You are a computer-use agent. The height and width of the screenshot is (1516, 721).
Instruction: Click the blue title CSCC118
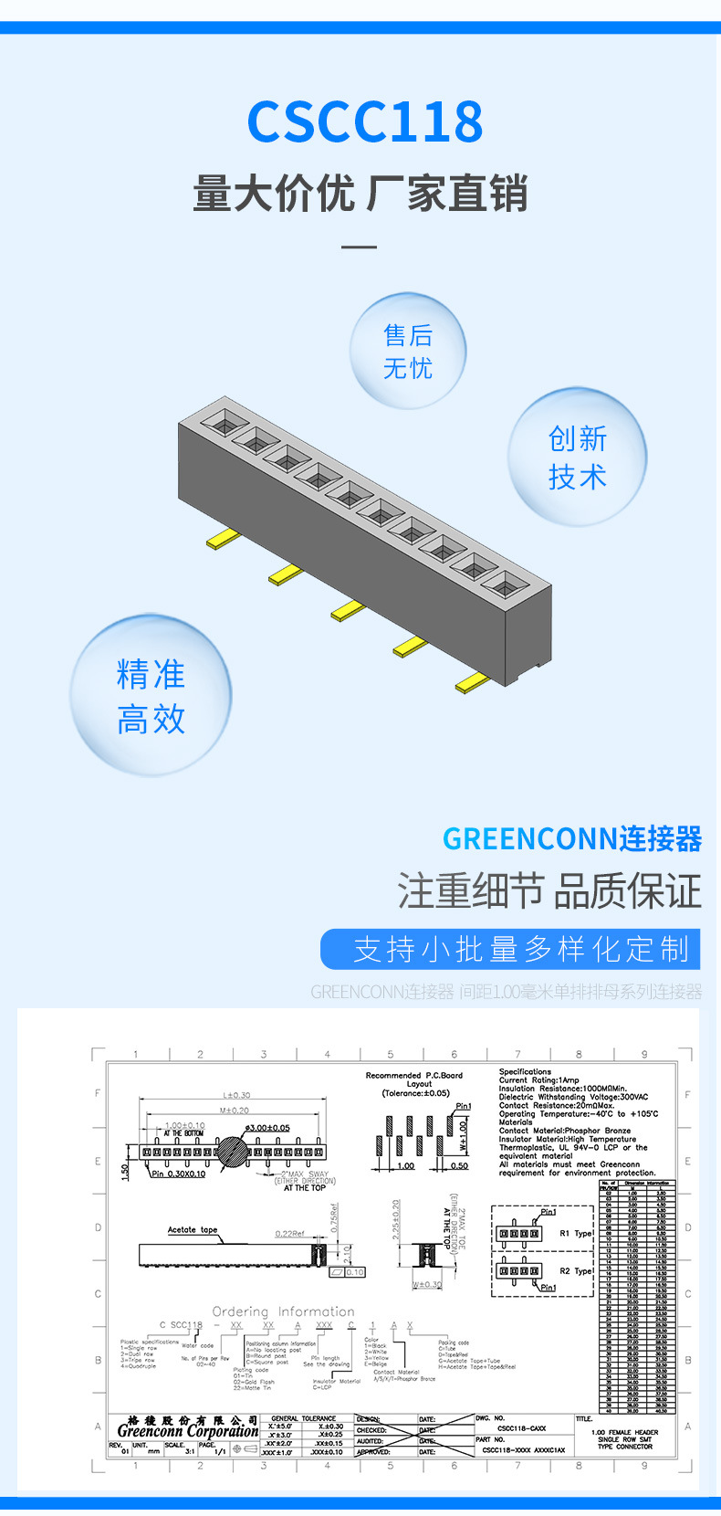[x=364, y=122]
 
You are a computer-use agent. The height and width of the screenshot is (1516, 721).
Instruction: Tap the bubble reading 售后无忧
[x=408, y=352]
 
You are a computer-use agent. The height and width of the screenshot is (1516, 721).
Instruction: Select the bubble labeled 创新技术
[x=578, y=457]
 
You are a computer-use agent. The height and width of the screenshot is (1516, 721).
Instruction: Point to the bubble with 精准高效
[x=151, y=696]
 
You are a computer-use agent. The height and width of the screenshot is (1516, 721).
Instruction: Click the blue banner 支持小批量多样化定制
[x=510, y=949]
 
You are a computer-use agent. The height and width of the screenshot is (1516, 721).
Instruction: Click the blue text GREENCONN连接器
[x=572, y=838]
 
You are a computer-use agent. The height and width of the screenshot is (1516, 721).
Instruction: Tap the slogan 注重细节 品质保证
[x=549, y=891]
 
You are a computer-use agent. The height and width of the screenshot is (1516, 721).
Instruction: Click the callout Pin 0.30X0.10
[x=179, y=1174]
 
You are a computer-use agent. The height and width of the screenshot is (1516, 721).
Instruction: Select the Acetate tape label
[x=193, y=1229]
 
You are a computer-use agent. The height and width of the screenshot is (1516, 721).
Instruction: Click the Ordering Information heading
[x=283, y=1311]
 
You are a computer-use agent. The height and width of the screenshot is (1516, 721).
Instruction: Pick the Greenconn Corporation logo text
[x=188, y=1431]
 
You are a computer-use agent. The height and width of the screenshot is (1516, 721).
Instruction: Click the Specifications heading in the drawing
[x=525, y=1071]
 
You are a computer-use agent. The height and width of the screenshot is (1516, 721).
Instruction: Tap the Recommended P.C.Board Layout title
[x=414, y=1079]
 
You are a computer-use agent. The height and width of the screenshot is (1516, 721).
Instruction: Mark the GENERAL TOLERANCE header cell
[x=304, y=1418]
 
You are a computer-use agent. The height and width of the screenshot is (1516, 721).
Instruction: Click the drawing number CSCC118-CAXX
[x=521, y=1428]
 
